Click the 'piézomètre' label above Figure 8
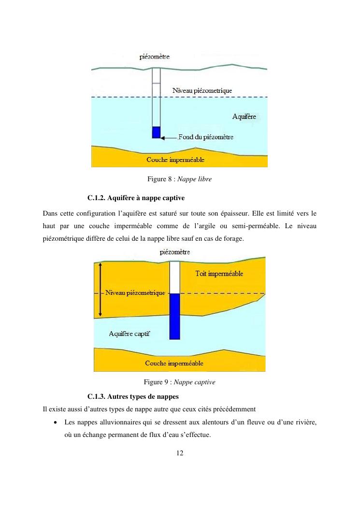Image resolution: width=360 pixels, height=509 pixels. (154, 57)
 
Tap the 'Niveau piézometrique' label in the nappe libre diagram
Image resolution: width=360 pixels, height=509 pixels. (202, 90)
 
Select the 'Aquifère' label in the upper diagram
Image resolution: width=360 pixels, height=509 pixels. (244, 116)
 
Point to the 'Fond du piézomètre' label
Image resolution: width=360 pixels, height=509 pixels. (206, 137)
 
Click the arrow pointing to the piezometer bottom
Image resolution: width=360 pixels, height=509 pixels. (169, 138)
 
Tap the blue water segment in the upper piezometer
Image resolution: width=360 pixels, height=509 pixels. (156, 132)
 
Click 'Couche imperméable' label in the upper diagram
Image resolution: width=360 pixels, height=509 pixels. (175, 160)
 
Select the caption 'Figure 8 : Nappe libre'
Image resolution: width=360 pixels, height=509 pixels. (179, 179)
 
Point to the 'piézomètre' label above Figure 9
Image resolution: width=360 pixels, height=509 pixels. (174, 252)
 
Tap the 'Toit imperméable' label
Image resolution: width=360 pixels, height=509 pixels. (219, 274)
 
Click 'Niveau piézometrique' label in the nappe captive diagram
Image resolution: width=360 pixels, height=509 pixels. (135, 293)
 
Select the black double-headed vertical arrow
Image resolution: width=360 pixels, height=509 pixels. (100, 289)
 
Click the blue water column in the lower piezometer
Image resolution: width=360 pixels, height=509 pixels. (174, 316)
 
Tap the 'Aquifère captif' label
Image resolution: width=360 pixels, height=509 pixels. (129, 334)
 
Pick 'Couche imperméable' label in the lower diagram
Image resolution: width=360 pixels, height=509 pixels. (174, 363)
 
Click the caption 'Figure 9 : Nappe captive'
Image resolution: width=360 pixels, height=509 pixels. (179, 382)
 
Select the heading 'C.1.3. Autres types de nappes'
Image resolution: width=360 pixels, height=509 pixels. (133, 397)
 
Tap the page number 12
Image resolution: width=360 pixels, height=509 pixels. (180, 453)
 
